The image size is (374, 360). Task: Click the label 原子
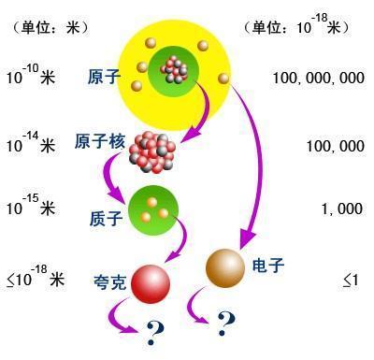click(x=105, y=75)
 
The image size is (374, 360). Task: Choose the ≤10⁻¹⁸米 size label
click(x=34, y=278)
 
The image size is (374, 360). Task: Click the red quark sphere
click(x=152, y=282)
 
